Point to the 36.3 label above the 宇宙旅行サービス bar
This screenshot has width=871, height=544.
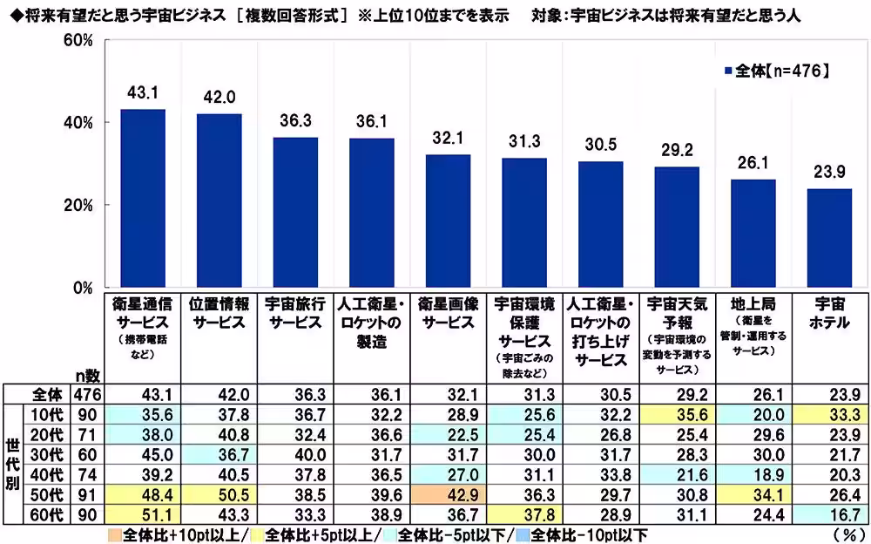point(295,122)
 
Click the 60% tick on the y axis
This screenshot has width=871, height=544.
point(78,41)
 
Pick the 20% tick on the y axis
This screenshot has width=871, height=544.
point(78,206)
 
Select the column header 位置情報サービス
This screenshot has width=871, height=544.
point(219,312)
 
